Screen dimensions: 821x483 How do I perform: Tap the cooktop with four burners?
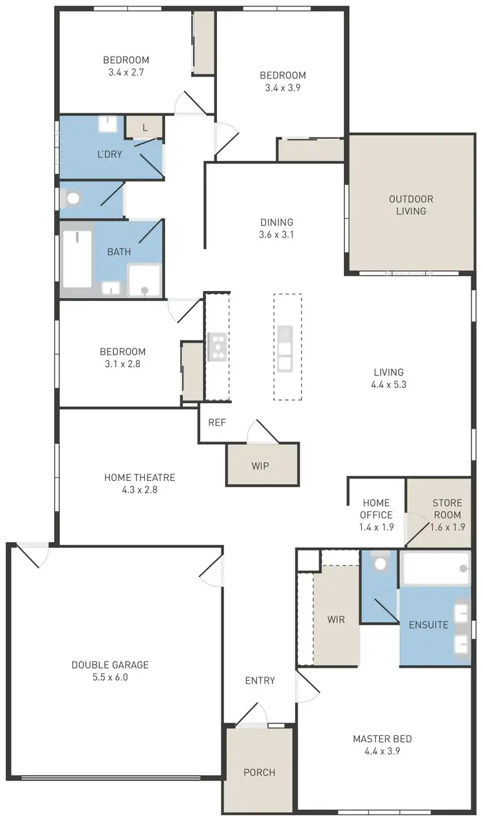[x=217, y=347]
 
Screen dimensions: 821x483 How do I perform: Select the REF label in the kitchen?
[x=216, y=423]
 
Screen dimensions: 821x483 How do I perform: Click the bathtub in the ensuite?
[x=435, y=568]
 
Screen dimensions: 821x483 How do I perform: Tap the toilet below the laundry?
[x=73, y=198]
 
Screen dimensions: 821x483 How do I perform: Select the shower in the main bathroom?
[x=144, y=280]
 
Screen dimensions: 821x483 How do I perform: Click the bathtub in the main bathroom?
[x=77, y=259]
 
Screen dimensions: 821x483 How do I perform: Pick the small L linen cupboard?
[x=145, y=127]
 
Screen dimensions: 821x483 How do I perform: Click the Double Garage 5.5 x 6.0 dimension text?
[x=109, y=677]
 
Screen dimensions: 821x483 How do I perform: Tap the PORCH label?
[x=260, y=772]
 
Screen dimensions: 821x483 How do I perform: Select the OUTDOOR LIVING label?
[x=411, y=205]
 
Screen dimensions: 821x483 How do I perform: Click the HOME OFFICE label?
[x=376, y=509]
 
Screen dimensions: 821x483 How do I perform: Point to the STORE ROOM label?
[x=447, y=509]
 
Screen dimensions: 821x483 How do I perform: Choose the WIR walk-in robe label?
[x=336, y=619]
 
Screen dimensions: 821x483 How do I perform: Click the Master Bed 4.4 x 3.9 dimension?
[x=382, y=751]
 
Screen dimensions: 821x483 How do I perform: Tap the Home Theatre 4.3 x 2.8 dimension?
[x=139, y=489]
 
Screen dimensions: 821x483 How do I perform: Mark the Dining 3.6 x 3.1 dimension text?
[x=276, y=235]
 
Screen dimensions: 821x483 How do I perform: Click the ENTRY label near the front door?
[x=260, y=680]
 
